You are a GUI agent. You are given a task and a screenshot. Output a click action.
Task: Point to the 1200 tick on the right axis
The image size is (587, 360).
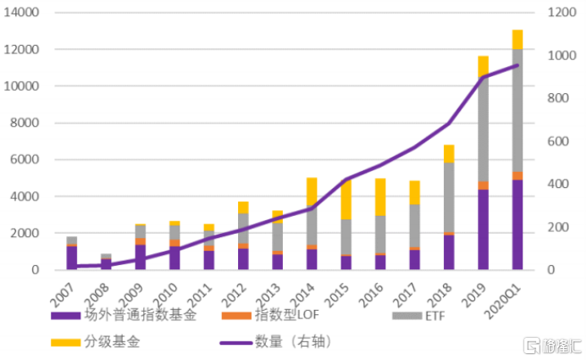point(553,14)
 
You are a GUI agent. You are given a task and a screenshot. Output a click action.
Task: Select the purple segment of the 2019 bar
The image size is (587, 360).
point(483,230)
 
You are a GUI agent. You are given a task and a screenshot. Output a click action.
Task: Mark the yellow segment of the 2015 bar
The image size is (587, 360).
point(346,199)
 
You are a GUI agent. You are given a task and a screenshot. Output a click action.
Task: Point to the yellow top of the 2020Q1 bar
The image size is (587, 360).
point(517,39)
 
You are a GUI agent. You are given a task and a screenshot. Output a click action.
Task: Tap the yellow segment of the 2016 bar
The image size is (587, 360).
point(380,197)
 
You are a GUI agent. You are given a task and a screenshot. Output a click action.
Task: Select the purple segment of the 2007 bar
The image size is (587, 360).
point(72,258)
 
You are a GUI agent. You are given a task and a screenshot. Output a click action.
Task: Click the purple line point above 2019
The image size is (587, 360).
point(483,77)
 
